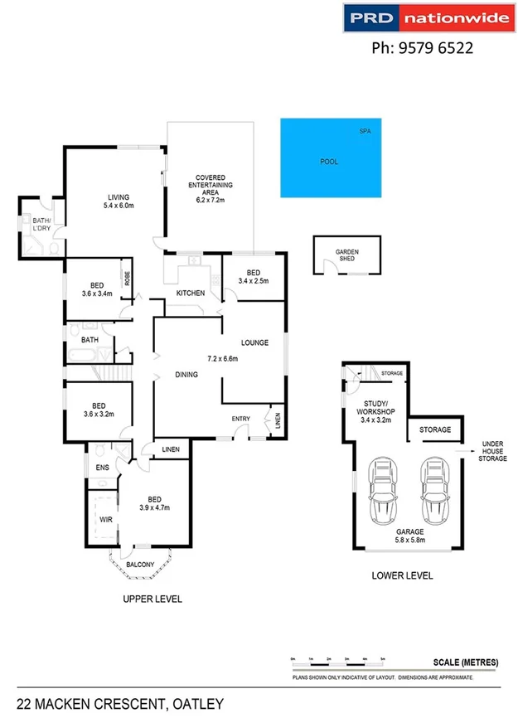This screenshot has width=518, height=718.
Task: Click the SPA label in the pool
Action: pos(365,132)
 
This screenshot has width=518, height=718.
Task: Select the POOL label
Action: pos(329,162)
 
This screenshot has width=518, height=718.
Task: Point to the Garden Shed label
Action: pos(346,255)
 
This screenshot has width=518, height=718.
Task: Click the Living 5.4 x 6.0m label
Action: pos(119,201)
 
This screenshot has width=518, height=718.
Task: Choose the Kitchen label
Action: pos(191,294)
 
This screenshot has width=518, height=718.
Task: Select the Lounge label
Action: pos(254,342)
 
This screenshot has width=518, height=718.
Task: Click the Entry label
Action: pos(240,419)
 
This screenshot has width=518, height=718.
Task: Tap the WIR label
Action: pos(105,519)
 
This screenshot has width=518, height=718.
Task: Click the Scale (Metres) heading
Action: pos(465,662)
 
